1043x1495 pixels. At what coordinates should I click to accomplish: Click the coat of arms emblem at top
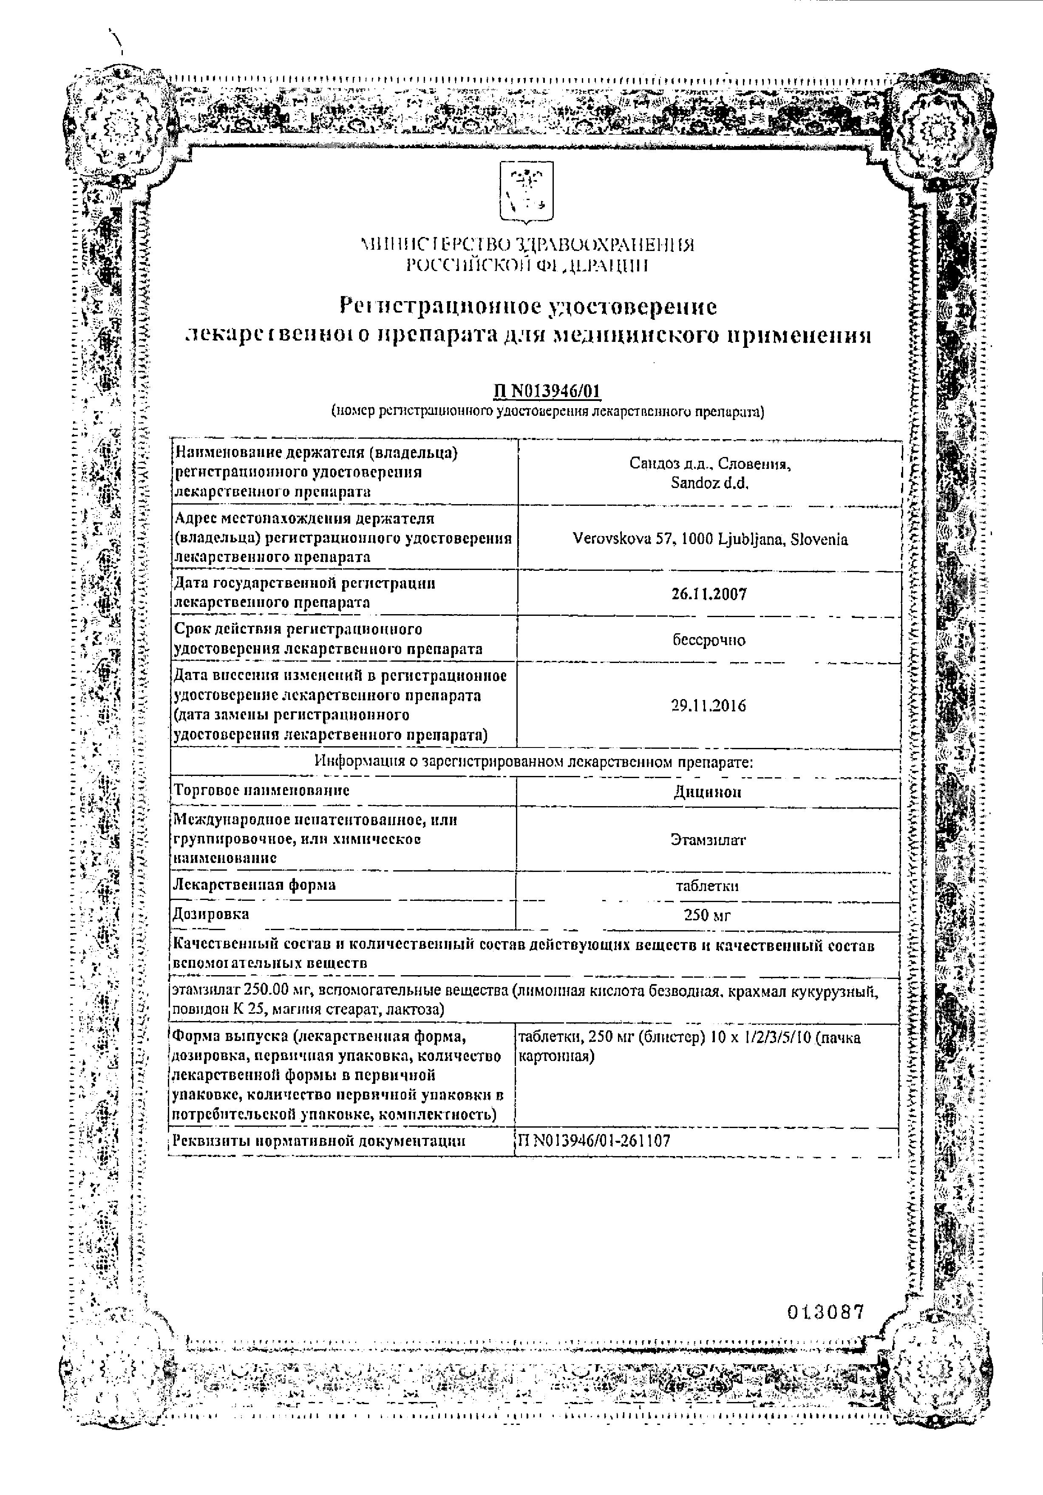click(x=526, y=192)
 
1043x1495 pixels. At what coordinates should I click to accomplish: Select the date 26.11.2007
click(x=709, y=593)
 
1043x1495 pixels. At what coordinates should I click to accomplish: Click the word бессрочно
click(x=709, y=640)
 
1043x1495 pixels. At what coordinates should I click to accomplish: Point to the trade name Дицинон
click(x=708, y=792)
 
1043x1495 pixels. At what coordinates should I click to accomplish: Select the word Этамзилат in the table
click(x=708, y=840)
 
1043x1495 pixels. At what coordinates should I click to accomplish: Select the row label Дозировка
click(x=211, y=914)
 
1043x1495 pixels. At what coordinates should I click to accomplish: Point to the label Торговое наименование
click(x=262, y=790)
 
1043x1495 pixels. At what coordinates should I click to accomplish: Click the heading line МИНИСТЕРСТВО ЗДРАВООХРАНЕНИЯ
click(x=528, y=245)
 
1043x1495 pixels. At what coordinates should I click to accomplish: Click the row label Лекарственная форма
click(x=255, y=884)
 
